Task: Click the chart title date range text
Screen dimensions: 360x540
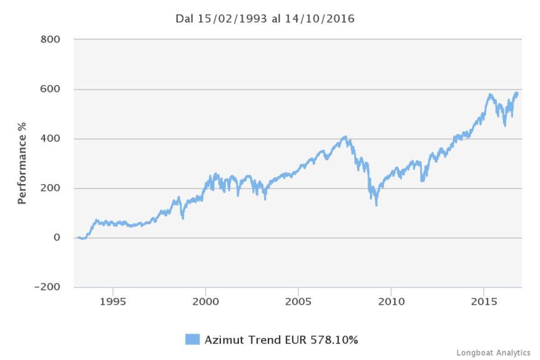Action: pos(265,19)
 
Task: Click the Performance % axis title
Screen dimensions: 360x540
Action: pos(23,163)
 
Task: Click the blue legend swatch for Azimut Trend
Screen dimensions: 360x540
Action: pos(192,339)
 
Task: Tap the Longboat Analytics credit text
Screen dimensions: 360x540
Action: pos(494,352)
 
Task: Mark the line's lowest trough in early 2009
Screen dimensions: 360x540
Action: pos(376,205)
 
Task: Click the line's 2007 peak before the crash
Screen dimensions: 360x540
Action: pos(345,136)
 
